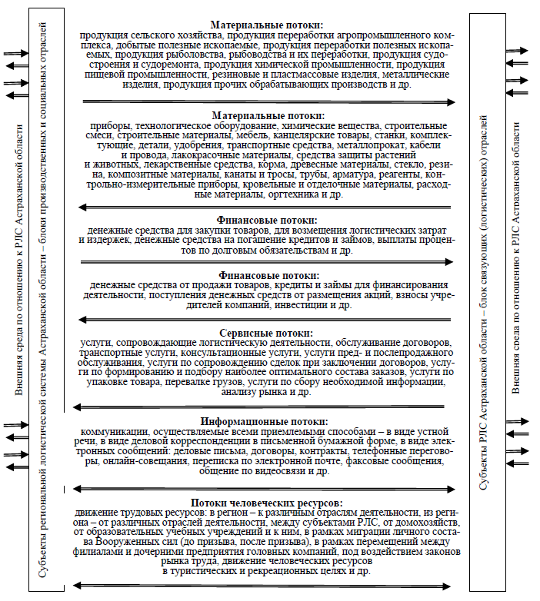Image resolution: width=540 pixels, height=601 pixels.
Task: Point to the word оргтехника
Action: tap(293, 194)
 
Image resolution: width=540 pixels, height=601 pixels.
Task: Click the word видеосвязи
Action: tap(288, 471)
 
